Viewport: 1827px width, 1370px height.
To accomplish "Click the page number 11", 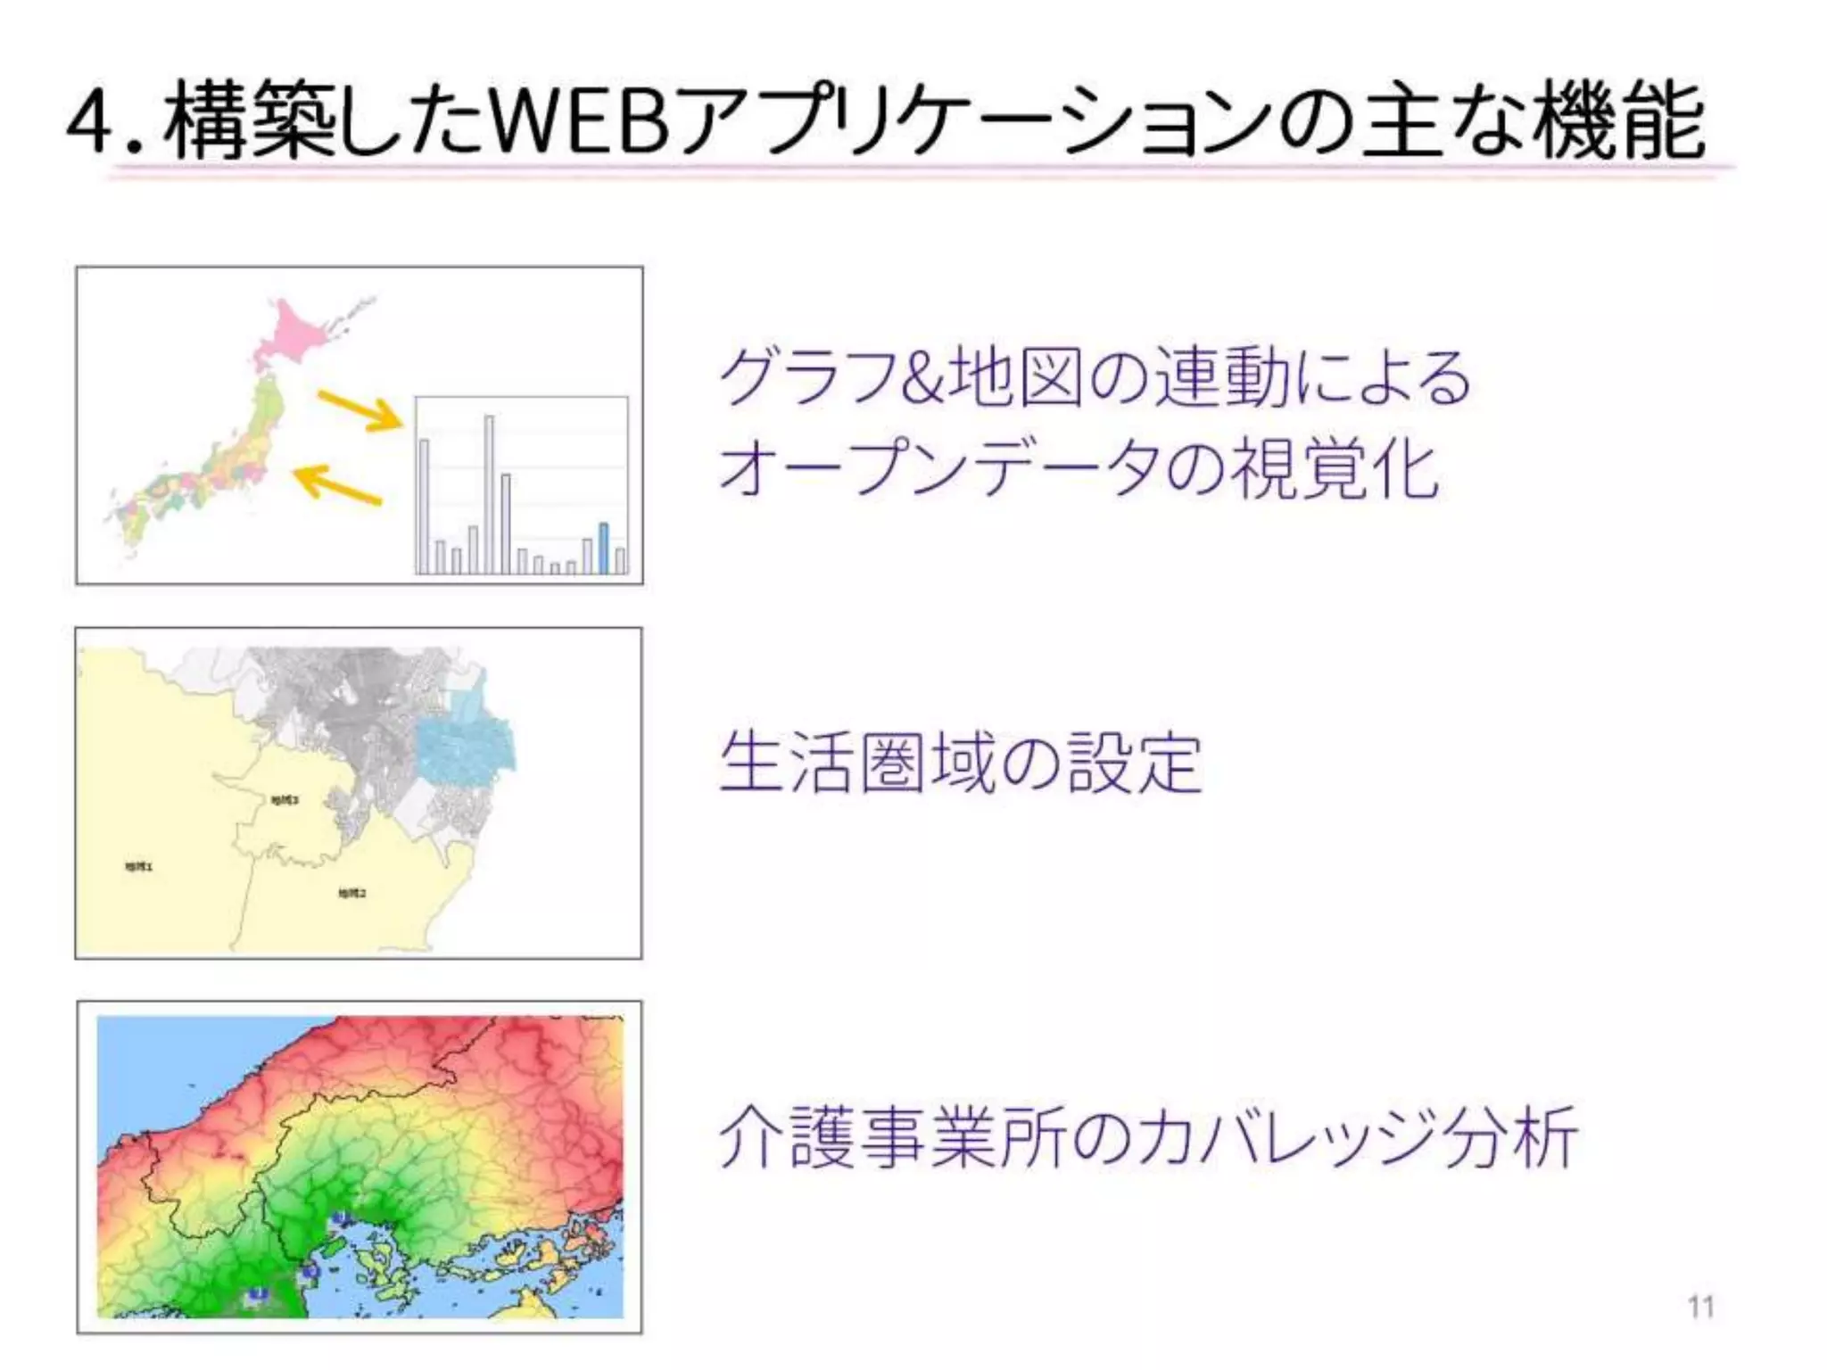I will tap(1700, 1307).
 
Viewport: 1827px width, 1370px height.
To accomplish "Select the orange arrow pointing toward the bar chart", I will tap(360, 411).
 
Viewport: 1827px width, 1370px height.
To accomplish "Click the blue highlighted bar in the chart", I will tap(604, 548).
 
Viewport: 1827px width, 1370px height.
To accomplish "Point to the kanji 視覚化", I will tap(1335, 468).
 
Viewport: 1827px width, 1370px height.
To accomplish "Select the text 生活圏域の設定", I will tap(960, 763).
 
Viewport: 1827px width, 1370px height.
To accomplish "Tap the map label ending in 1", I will tap(138, 866).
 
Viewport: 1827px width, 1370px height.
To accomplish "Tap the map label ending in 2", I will tap(352, 893).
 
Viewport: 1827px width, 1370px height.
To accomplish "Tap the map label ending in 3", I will tap(285, 800).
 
